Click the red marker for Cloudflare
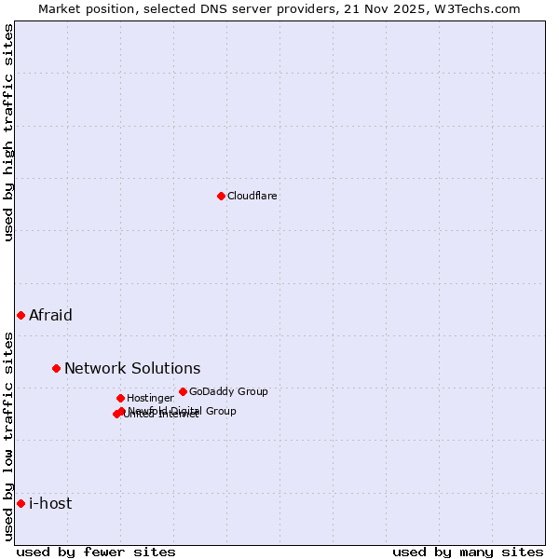tap(221, 196)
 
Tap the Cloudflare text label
tap(252, 197)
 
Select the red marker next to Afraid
tap(20, 315)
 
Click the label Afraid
tap(50, 315)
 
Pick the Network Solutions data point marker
tap(56, 368)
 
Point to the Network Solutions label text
tap(132, 368)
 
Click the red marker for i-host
tap(20, 503)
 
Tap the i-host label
tap(50, 503)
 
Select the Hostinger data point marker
tap(120, 398)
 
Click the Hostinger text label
tap(150, 399)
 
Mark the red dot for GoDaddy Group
tap(183, 391)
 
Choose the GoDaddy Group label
tap(228, 392)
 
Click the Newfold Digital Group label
tap(183, 411)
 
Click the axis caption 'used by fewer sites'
tap(96, 552)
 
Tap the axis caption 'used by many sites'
tap(468, 552)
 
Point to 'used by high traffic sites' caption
tap(9, 133)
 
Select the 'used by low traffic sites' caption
tap(9, 435)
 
